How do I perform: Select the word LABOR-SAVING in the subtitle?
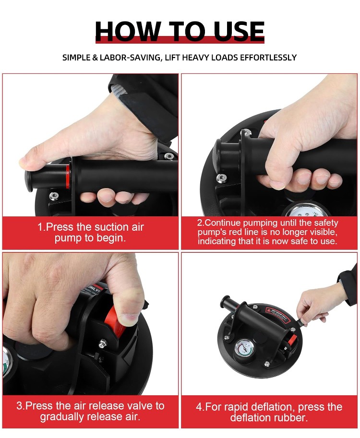tap(130, 58)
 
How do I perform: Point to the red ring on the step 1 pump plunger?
tap(67, 176)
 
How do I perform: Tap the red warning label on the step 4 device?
tap(277, 315)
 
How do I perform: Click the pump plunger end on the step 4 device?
tap(225, 301)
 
